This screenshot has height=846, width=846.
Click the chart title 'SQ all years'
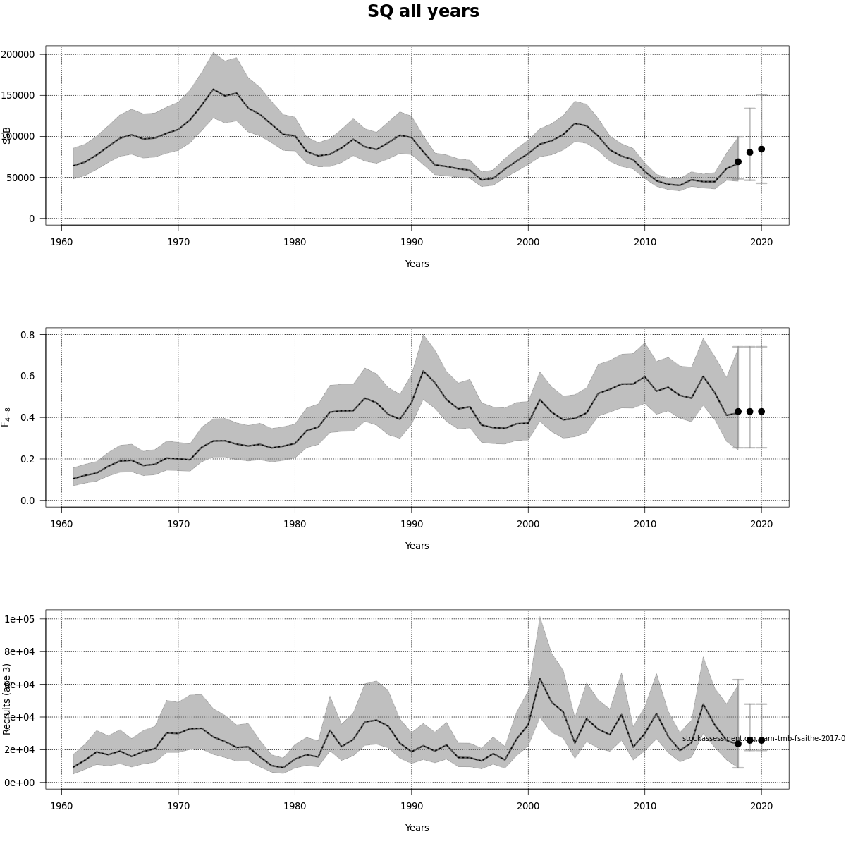[423, 12]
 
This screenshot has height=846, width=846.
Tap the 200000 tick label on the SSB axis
[18, 55]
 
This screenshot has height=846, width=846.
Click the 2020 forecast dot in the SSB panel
[761, 149]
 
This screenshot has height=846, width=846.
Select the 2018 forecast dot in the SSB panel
[738, 161]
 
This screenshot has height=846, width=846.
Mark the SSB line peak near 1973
[213, 90]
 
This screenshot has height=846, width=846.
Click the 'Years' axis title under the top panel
[417, 264]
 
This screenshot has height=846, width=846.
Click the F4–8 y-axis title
[6, 417]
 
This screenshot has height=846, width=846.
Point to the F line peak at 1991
[423, 371]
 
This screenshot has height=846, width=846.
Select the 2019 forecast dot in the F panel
[749, 412]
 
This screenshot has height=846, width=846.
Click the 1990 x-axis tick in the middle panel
[412, 524]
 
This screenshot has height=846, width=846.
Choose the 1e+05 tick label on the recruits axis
[20, 620]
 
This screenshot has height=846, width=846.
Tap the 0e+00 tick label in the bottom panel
[20, 783]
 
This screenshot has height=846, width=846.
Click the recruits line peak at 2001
[540, 679]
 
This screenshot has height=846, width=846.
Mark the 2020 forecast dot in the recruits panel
[761, 740]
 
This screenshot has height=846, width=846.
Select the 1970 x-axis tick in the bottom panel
[178, 806]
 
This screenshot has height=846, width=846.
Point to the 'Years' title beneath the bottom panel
[417, 828]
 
